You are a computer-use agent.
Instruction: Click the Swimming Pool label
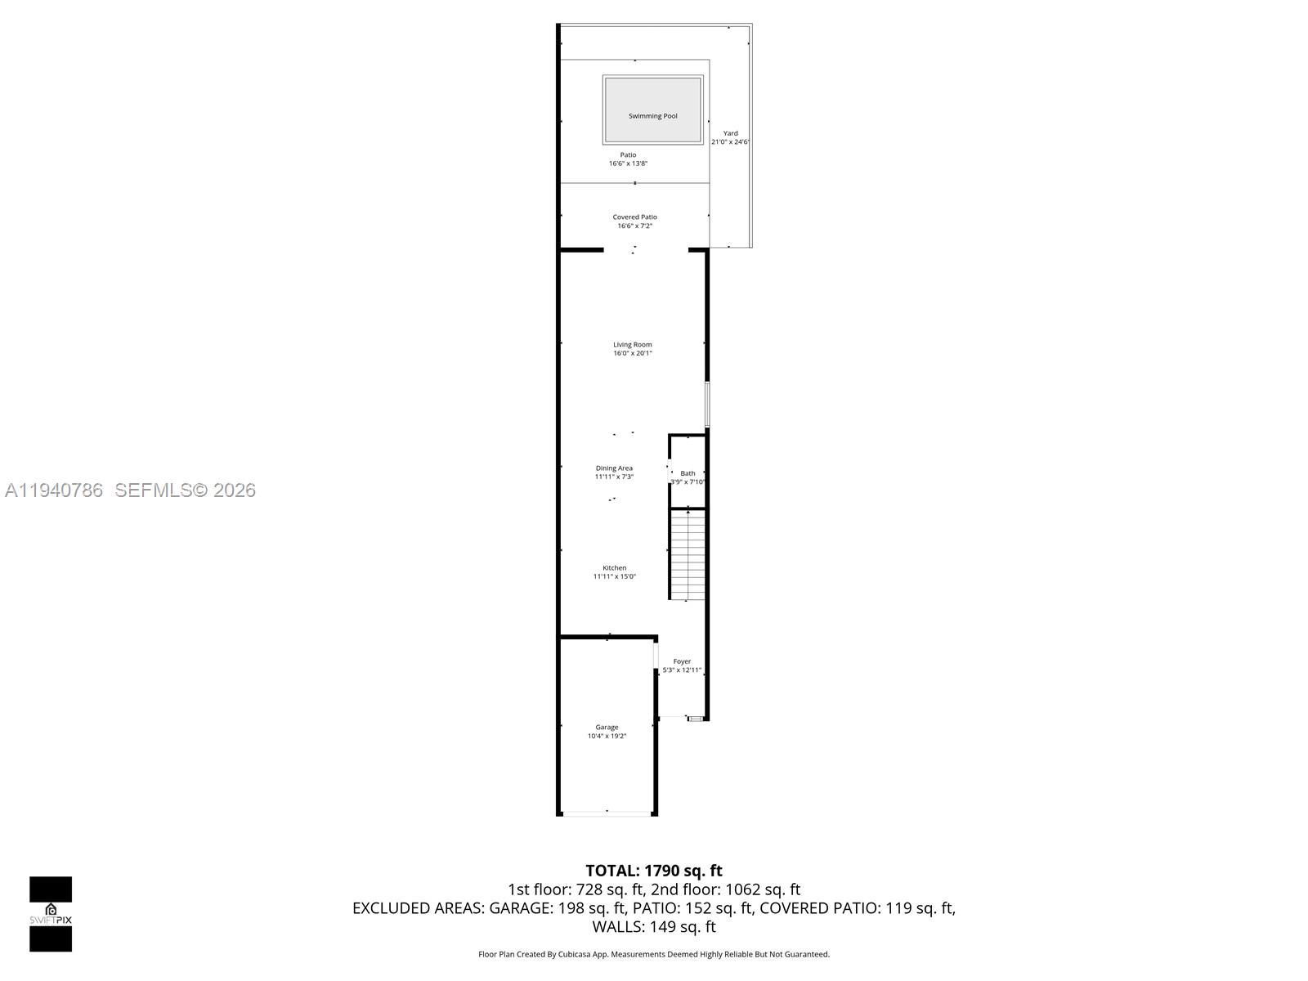point(652,116)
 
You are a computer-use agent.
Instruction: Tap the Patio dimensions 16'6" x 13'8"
point(628,163)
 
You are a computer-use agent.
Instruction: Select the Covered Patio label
point(634,217)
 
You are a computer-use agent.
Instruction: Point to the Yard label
point(730,133)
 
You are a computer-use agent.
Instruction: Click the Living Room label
point(633,344)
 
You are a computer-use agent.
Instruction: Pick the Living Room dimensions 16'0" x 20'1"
point(633,353)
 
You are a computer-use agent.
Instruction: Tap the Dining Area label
point(614,468)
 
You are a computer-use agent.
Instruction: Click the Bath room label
point(688,473)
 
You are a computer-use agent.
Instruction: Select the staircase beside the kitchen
point(688,554)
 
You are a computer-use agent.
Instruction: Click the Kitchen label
point(614,567)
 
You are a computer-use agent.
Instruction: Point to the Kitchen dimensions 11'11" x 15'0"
point(614,576)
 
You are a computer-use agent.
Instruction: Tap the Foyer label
point(682,661)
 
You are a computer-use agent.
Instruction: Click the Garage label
point(607,727)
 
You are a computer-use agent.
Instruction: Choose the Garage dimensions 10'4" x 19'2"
point(607,736)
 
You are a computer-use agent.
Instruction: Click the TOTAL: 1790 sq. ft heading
point(654,871)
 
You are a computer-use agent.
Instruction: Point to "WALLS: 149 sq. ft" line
point(654,927)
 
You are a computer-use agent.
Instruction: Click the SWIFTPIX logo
point(51,914)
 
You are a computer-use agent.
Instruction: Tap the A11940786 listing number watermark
point(54,490)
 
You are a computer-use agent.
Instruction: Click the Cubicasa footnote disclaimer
point(654,954)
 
